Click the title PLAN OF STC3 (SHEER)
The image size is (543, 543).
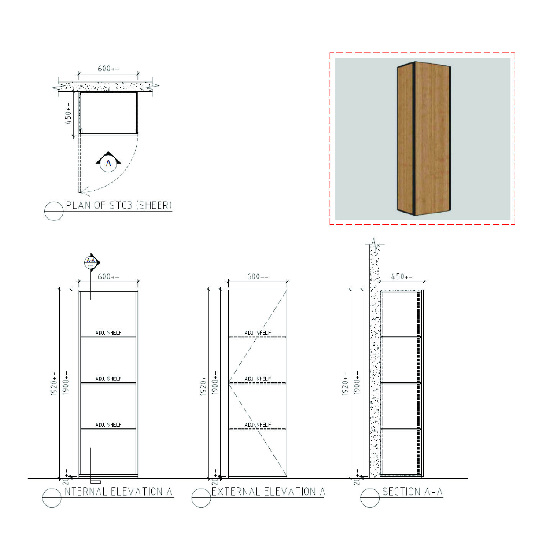(119, 205)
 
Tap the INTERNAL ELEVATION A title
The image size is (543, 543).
(117, 491)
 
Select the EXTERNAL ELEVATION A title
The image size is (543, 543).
(268, 491)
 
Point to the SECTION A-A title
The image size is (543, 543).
(412, 491)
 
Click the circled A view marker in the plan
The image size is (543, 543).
(108, 163)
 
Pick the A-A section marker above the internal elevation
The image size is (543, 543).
(91, 262)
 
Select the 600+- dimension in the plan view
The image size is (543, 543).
(108, 69)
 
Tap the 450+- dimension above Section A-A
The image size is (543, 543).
(402, 276)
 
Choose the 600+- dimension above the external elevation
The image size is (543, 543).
(258, 276)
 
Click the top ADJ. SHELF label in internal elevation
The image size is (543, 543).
(108, 333)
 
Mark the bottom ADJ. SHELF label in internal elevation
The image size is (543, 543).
(108, 425)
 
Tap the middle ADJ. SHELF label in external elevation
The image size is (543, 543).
(258, 379)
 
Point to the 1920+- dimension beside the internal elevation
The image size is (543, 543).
(54, 384)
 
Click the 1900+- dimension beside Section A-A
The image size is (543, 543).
(356, 383)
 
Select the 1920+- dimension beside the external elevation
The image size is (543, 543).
(203, 384)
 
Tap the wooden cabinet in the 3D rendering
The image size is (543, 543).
(424, 138)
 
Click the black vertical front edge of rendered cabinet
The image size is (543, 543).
(414, 138)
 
